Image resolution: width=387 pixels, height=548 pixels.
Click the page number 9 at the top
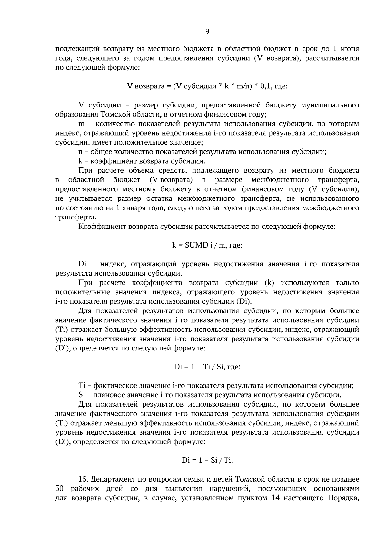(207, 31)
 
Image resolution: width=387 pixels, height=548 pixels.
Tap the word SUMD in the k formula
(196, 245)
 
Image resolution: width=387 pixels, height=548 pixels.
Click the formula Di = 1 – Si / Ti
(207, 460)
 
